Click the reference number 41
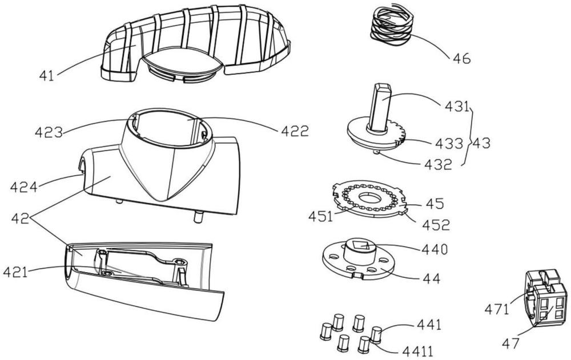47,76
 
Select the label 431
457,107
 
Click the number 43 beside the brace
480,143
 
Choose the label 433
449,144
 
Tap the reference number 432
438,165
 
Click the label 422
295,131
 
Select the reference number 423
49,132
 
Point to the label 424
24,188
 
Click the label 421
15,272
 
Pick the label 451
320,217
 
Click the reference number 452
436,225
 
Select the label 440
435,250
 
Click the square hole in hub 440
362,246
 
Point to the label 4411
418,351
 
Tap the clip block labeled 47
545,298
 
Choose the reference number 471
496,310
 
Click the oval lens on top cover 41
182,61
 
